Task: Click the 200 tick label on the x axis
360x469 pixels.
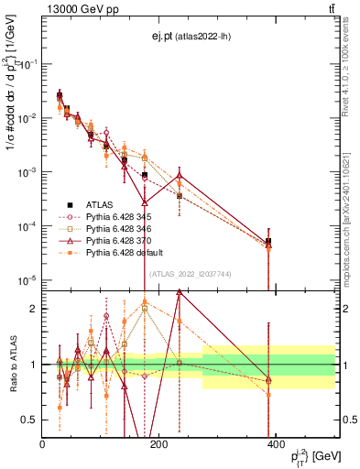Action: pyautogui.click(x=159, y=444)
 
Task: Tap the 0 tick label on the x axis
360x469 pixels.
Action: pyautogui.click(x=43, y=444)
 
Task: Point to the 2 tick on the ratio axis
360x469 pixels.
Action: pyautogui.click(x=34, y=309)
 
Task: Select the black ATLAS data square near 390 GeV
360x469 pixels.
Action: pyautogui.click(x=268, y=242)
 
